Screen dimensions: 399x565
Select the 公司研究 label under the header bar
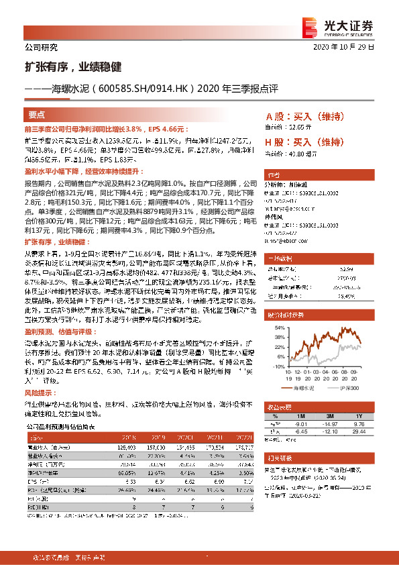(42, 48)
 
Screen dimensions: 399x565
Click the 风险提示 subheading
(38, 392)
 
